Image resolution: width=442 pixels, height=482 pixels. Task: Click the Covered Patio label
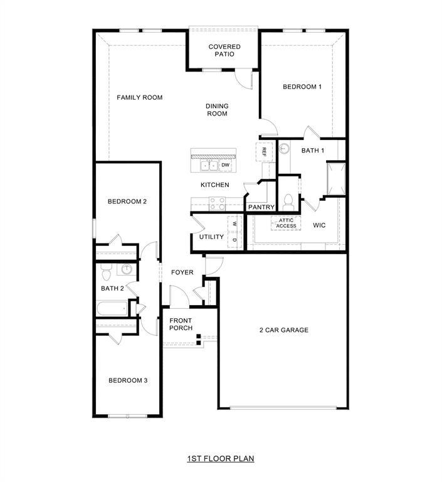[x=224, y=50]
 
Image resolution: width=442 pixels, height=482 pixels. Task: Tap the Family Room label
[x=140, y=97]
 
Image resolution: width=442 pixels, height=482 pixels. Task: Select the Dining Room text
[x=217, y=110]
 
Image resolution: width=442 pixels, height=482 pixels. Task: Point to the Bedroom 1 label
[x=302, y=87]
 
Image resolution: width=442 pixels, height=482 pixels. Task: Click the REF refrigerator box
[x=264, y=151]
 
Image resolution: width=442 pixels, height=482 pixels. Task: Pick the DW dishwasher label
[x=225, y=165]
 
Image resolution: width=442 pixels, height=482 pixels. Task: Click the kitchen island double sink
[x=209, y=166]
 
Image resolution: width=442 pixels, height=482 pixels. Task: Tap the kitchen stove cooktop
[x=217, y=203]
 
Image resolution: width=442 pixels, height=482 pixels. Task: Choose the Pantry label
[x=261, y=206]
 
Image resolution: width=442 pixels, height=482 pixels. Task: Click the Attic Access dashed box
[x=286, y=223]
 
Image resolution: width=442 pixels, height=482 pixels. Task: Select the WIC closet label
[x=319, y=224]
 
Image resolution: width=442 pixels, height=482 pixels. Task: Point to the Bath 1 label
[x=313, y=151]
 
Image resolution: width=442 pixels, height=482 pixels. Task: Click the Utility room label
[x=211, y=237]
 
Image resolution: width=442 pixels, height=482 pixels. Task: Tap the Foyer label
[x=182, y=272]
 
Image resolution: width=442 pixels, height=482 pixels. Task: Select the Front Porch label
[x=181, y=324]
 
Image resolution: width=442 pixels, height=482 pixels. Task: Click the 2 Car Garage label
[x=284, y=330]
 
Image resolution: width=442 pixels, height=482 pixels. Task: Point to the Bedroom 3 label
[x=127, y=380]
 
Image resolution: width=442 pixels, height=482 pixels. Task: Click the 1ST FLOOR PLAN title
[x=220, y=459]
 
